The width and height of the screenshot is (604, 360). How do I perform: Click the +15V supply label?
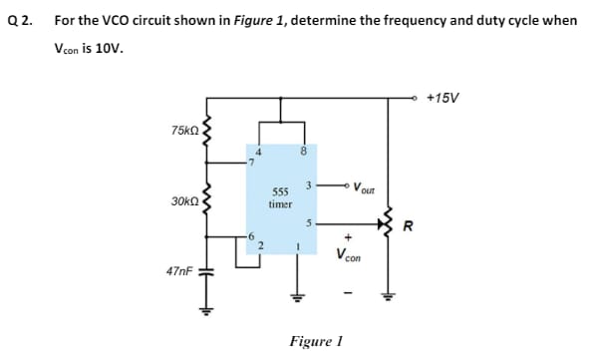pyautogui.click(x=442, y=98)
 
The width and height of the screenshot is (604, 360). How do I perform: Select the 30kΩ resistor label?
pyautogui.click(x=184, y=200)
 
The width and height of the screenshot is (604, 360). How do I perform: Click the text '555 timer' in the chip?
pyautogui.click(x=280, y=196)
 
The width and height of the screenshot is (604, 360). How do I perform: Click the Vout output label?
pyautogui.click(x=364, y=186)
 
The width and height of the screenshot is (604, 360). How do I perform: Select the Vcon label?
pyautogui.click(x=350, y=254)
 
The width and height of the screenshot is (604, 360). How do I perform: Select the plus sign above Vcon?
pyautogui.click(x=350, y=237)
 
